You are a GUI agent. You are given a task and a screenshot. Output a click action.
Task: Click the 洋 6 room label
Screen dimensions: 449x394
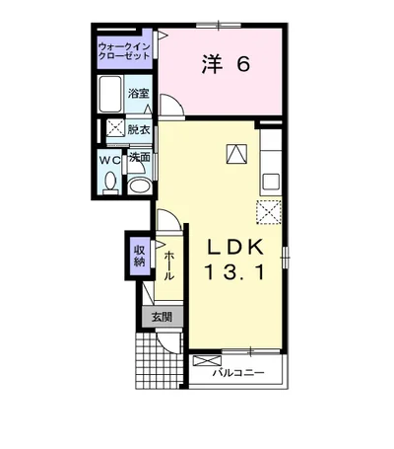point(227,65)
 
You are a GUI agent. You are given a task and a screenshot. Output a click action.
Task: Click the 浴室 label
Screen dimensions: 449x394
point(138,94)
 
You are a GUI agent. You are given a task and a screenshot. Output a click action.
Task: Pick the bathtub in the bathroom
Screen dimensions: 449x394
point(110,97)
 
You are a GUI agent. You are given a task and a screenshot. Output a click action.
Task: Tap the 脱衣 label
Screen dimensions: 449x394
point(138,128)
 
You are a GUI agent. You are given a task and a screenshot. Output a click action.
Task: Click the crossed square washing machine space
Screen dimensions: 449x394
point(113,128)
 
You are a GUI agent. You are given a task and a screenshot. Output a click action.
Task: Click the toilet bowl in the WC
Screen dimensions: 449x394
point(110,182)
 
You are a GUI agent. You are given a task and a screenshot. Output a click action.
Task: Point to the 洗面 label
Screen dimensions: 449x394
point(139,157)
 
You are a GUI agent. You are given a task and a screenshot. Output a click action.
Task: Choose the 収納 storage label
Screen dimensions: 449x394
point(139,256)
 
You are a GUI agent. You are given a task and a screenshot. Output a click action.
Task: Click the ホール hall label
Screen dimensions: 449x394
point(168,264)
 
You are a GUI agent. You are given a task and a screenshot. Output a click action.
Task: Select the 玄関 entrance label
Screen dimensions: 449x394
point(161,317)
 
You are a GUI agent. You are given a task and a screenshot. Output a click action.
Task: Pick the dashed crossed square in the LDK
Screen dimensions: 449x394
point(267,212)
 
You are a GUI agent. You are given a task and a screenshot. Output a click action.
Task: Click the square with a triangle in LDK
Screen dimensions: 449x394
point(237,153)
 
